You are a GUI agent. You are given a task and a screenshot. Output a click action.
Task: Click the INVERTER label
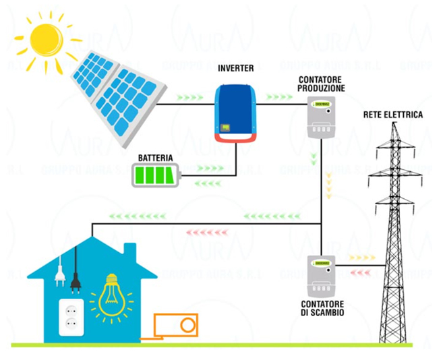(x=236, y=69)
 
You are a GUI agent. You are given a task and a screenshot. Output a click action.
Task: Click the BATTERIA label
(x=156, y=158)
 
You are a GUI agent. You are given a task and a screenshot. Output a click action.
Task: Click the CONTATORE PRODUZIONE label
(x=322, y=84)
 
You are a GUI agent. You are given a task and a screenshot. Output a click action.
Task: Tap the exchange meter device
(x=321, y=273)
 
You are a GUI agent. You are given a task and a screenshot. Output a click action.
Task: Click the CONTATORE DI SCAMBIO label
(x=322, y=308)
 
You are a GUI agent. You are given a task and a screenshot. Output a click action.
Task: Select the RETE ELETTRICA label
(x=393, y=115)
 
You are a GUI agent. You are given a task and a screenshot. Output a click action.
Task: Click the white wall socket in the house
(x=71, y=316)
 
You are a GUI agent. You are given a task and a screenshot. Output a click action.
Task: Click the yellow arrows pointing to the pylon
(x=362, y=257)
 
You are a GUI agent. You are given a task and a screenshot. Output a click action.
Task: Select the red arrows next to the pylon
(x=362, y=272)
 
